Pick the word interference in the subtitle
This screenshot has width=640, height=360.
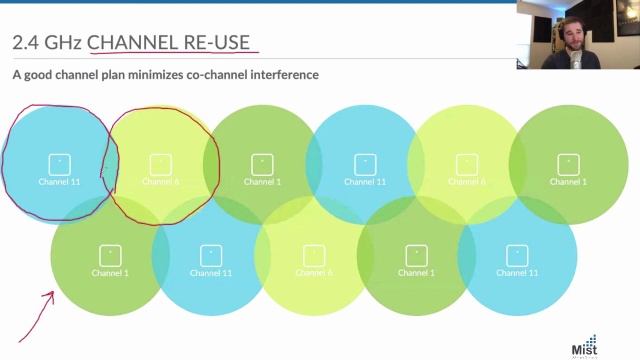[x=284, y=75]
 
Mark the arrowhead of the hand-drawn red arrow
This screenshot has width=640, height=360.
[x=51, y=296]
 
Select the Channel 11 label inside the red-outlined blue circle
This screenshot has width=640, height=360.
[x=59, y=182]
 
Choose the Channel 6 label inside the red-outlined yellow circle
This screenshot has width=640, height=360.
[x=160, y=182]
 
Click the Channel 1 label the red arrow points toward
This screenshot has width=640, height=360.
[x=110, y=273]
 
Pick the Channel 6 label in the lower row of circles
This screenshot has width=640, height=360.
[x=313, y=273]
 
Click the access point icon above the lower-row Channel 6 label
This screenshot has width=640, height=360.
[x=313, y=255]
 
